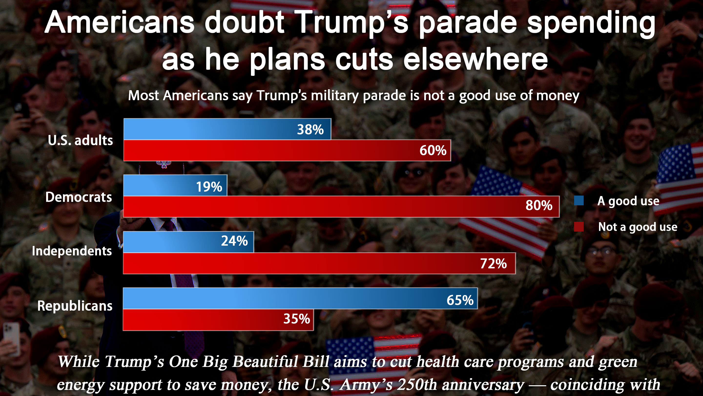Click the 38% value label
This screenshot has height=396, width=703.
(x=310, y=130)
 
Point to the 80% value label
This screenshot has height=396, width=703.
(x=539, y=206)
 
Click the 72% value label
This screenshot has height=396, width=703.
(x=493, y=264)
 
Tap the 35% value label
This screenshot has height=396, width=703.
(x=297, y=319)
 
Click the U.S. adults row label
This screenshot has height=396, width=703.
(x=80, y=141)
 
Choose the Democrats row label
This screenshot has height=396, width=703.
(x=79, y=197)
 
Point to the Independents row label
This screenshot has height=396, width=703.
(x=72, y=251)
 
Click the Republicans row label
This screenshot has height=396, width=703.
(x=75, y=306)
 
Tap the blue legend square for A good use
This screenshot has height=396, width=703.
(x=579, y=201)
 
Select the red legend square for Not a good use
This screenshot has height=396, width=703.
(x=579, y=227)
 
